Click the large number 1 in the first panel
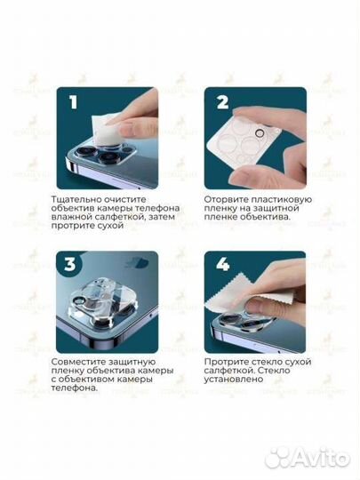[x=73, y=102]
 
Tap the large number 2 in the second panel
[x=222, y=102]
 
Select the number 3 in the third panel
[x=70, y=264]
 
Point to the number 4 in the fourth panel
[x=222, y=264]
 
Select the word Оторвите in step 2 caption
[x=224, y=200]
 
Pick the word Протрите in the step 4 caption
[x=227, y=362]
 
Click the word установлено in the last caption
[x=234, y=380]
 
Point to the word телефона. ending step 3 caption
[x=75, y=388]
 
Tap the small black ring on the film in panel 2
[x=260, y=133]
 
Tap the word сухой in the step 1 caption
[x=109, y=226]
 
